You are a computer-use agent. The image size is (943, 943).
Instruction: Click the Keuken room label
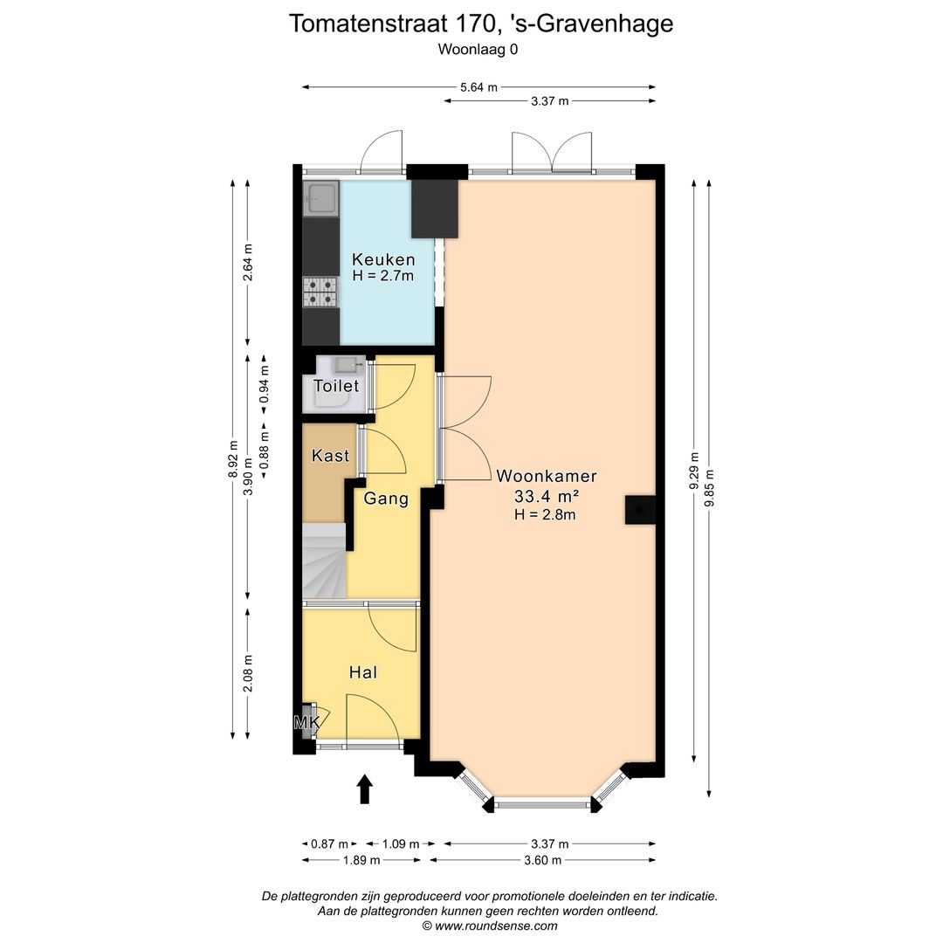pos(383,259)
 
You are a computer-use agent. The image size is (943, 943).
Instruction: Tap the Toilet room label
pos(336,386)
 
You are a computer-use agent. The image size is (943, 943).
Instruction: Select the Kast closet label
pos(330,456)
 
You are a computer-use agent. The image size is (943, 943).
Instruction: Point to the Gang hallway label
pos(386,499)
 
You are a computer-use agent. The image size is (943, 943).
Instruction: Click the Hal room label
pos(362,672)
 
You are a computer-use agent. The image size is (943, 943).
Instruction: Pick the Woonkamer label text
pos(547,477)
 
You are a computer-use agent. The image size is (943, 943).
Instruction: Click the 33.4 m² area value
pos(547,496)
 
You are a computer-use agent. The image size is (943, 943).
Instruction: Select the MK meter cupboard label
pos(306,723)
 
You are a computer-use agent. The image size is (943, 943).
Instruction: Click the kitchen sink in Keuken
pos(320,199)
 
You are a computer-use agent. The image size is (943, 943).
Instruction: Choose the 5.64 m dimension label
pos(478,86)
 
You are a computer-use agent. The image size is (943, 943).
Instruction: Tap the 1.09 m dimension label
pos(401,843)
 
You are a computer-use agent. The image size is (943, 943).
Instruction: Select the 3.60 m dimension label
pos(541,859)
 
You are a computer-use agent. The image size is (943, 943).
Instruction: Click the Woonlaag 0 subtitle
pos(478,50)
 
